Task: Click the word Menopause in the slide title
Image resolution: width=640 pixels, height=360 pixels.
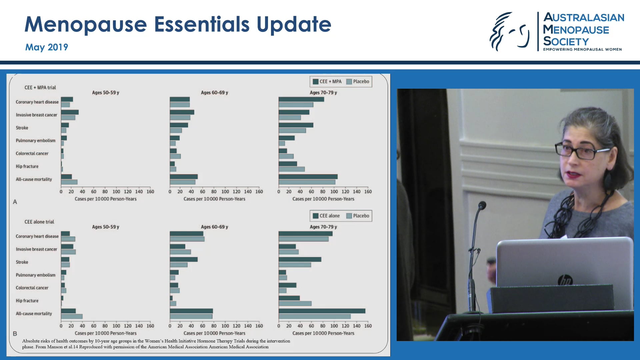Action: pos(86,25)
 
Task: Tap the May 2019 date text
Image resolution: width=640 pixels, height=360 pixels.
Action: pos(47,47)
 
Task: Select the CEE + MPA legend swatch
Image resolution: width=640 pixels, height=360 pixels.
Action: pos(315,82)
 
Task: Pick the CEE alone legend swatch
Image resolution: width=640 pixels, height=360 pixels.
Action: pos(315,216)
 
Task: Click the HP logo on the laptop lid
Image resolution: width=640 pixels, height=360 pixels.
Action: pos(565,280)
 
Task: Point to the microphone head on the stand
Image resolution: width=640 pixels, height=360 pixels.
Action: pos(482,205)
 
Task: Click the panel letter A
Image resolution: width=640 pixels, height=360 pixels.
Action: pos(15,202)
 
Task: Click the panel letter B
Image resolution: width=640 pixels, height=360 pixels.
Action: pos(15,334)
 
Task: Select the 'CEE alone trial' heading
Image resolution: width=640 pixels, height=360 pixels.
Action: pos(39,222)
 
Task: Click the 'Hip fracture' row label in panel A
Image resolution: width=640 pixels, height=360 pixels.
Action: pos(27,166)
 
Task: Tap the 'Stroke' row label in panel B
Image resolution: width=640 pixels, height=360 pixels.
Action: pos(22,262)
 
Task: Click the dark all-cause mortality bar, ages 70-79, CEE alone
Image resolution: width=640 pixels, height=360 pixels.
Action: pos(322,311)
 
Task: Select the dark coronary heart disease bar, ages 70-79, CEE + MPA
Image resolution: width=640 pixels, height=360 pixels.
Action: pos(301,99)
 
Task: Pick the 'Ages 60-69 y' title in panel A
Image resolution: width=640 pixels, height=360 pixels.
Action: pos(214,93)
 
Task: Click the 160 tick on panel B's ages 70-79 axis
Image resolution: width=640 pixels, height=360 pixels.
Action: pos(368,326)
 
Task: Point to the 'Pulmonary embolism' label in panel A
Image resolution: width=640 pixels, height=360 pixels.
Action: pos(36,141)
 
